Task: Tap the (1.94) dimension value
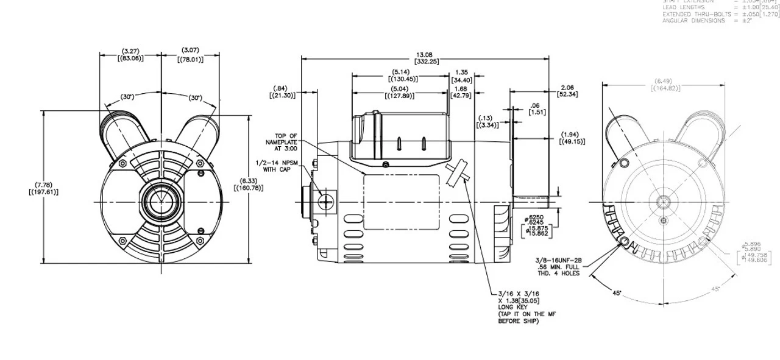tap(572, 134)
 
